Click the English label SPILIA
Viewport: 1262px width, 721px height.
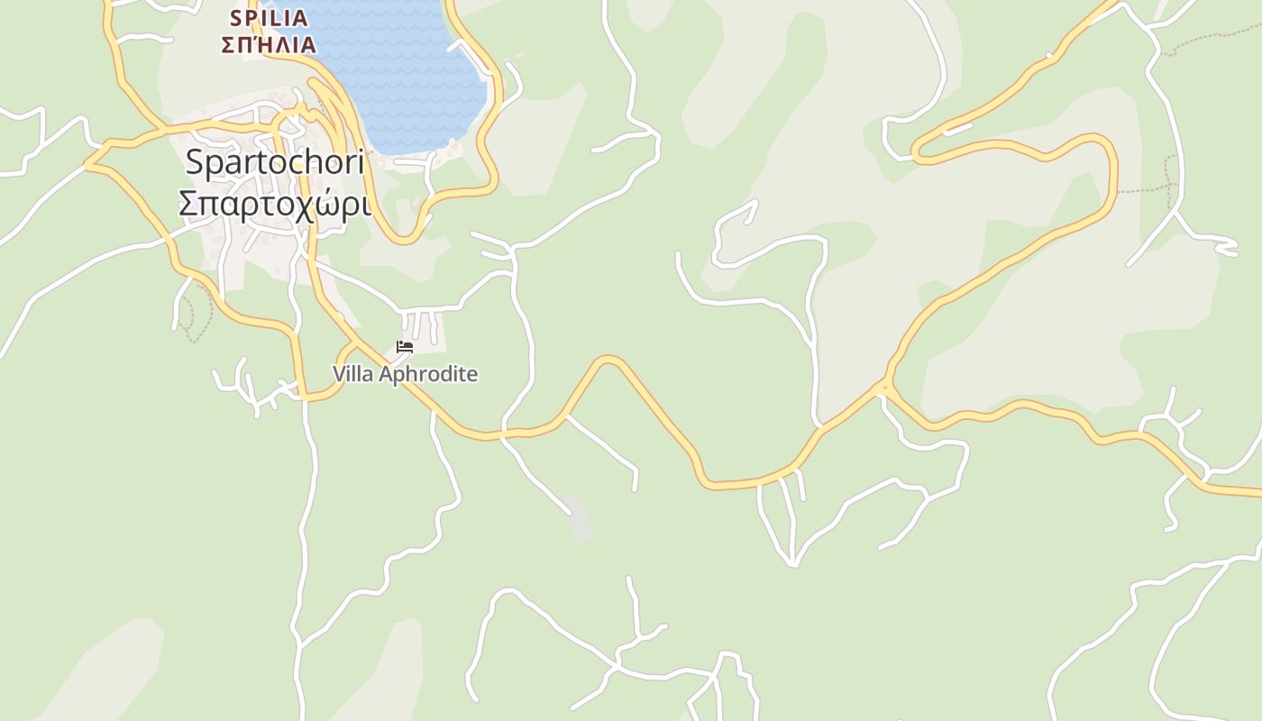269,18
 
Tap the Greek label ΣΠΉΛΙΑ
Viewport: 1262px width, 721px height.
269,44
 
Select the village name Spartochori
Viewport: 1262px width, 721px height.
275,162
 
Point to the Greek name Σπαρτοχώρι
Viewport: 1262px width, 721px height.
275,204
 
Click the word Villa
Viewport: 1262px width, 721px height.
352,374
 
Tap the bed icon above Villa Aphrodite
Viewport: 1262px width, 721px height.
405,347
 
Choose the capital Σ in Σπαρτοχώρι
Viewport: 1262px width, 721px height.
188,204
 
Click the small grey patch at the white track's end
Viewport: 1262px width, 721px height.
581,521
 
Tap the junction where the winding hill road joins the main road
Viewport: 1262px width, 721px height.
885,388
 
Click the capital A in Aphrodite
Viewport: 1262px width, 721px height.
380,374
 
